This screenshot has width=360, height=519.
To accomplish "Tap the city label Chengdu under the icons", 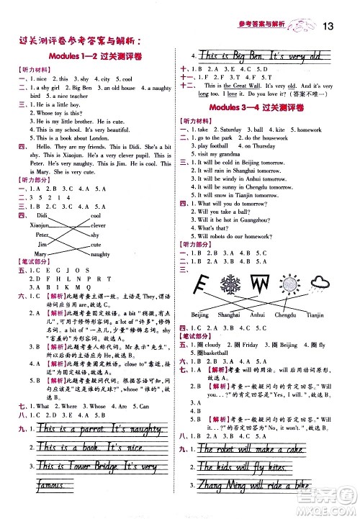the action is (284, 315).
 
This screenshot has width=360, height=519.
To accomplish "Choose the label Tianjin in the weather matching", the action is (315, 315).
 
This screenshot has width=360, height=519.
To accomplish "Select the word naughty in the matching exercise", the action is (100, 254).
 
